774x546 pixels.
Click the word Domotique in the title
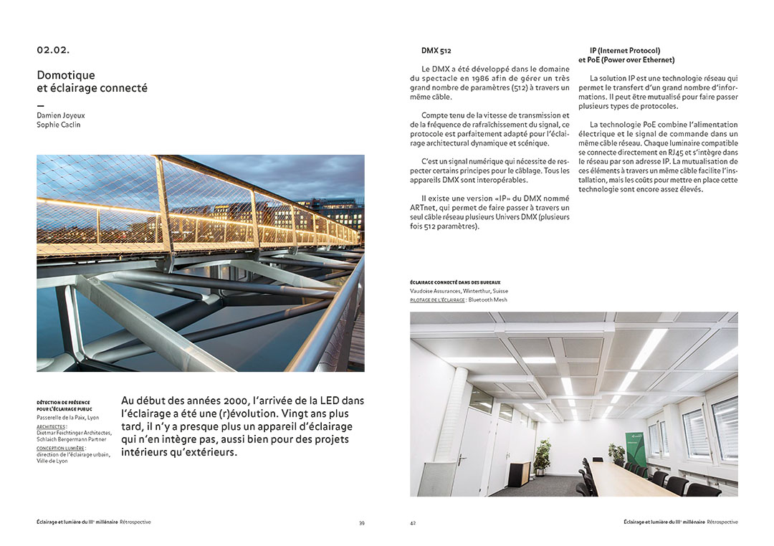66,75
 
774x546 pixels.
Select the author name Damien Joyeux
60,115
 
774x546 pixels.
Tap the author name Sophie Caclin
59,125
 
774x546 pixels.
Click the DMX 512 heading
436,51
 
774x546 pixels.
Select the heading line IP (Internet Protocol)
625,51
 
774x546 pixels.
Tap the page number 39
362,523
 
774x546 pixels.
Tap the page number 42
413,523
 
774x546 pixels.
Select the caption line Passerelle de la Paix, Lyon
68,417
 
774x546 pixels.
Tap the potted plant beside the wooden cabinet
543,456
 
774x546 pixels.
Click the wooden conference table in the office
631,478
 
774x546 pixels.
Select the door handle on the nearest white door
483,461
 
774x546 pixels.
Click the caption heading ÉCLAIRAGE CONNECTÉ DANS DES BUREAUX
455,283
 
